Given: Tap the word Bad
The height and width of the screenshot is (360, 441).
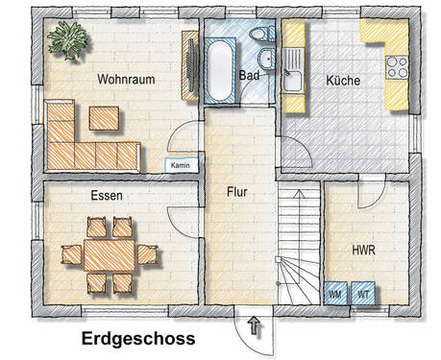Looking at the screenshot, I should click(250, 74).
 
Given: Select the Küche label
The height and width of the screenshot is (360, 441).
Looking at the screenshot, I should click(343, 81).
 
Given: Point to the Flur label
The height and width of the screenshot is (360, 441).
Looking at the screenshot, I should click(238, 192).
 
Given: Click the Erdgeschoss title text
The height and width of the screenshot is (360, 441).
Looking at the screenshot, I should click(138, 339).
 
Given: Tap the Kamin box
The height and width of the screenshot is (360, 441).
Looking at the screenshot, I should click(180, 164).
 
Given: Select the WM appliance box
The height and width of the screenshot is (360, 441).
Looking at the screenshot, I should click(335, 293).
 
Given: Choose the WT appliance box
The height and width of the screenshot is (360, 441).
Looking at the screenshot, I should click(362, 293).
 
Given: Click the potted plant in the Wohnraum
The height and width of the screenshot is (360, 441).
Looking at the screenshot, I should click(69, 39).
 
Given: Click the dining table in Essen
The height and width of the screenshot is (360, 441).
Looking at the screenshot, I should click(108, 254).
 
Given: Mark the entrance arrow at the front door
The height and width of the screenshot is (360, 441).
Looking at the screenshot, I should click(254, 326).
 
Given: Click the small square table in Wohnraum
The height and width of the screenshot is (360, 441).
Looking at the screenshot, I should click(105, 118).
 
